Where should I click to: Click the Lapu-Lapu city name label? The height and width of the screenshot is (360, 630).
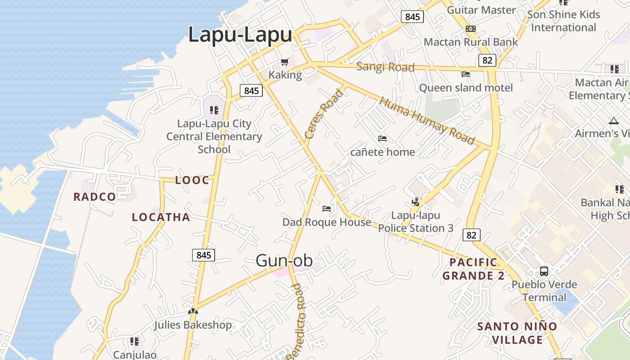pos(240,35)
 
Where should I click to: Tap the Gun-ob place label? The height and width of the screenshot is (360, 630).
pos(284,260)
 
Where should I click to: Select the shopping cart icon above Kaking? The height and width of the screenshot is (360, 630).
pos(284,62)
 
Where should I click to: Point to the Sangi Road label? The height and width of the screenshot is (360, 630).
pos(385,67)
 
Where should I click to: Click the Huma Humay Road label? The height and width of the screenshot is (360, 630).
pos(427,121)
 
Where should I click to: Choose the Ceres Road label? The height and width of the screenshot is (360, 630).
pos(324,114)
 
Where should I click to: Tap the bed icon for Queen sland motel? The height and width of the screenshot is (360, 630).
pos(466,74)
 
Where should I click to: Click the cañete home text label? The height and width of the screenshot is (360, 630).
pos(382,152)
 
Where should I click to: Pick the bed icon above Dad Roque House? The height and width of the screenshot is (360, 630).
pos(327,208)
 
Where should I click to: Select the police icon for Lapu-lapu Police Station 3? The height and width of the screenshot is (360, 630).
pos(415,202)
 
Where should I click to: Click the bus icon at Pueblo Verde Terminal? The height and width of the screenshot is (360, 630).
pos(544,271)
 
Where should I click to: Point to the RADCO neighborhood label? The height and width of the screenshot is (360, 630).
pos(94,197)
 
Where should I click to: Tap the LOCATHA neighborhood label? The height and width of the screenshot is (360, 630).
pos(161,217)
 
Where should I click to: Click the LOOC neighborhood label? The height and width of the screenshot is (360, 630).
pos(192,180)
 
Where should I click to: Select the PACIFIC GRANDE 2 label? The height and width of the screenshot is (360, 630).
pos(473,269)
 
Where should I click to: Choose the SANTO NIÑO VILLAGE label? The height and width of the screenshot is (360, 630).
pos(517,333)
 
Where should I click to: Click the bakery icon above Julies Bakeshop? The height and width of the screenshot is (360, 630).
pos(193,311)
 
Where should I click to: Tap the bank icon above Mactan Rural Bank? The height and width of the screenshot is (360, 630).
pos(471,29)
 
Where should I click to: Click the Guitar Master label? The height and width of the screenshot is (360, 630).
pos(481,10)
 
